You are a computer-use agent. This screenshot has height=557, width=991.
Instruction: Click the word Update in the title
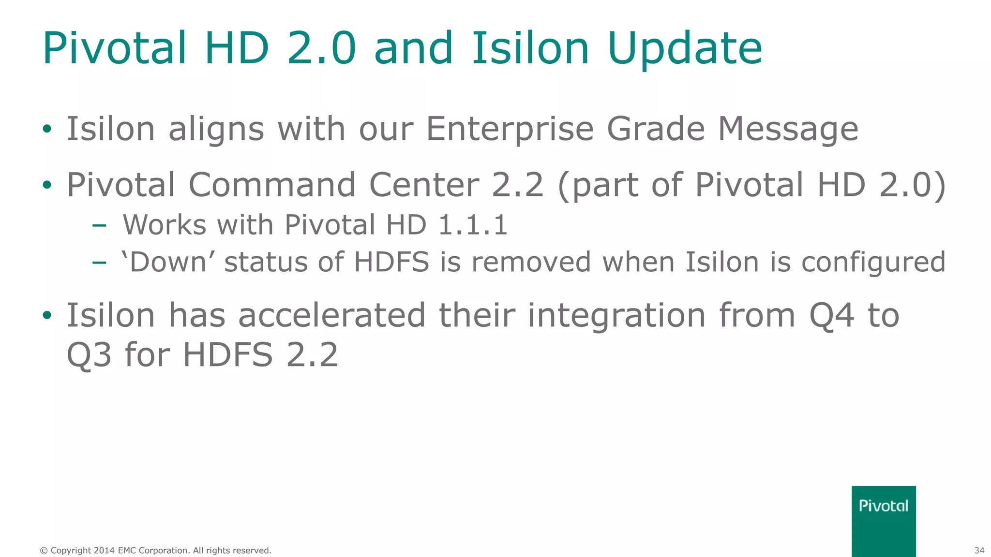pos(685,48)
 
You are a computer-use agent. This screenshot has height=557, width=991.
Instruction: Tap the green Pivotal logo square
pos(883,521)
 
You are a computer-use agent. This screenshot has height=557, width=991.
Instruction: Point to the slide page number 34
pos(979,550)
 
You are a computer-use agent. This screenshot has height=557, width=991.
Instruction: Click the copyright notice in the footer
pos(155,550)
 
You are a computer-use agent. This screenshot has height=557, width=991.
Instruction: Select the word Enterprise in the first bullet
pos(509,130)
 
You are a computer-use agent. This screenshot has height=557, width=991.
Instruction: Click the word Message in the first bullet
pos(788,130)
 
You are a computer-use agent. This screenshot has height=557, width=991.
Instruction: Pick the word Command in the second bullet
pos(272,185)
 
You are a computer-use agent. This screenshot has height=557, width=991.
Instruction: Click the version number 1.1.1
pos(473,225)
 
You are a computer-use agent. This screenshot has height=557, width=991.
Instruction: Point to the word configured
pos(873,263)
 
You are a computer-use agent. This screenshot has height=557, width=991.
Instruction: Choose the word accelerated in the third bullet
pos(332,315)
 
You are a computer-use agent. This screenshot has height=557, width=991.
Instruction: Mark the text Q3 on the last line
pos(89,355)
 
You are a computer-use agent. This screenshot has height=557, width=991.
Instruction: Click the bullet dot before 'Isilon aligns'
pos(47,129)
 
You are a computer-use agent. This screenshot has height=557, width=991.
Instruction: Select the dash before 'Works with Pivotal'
pos(99,225)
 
